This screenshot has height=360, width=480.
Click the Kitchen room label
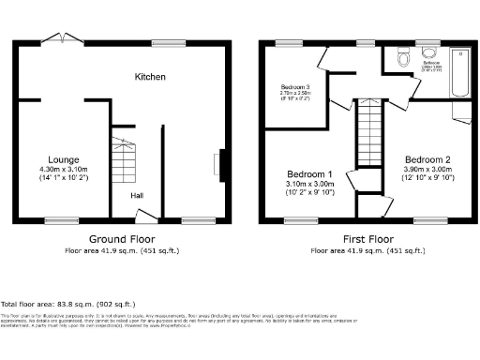(151, 76)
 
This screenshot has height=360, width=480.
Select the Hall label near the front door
(137, 194)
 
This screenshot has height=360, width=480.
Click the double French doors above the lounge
(63, 40)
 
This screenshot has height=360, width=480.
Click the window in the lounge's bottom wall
(62, 221)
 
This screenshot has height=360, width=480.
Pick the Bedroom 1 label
(308, 174)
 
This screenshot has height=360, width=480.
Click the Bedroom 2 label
(427, 158)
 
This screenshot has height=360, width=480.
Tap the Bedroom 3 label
(294, 87)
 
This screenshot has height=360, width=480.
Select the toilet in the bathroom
(403, 57)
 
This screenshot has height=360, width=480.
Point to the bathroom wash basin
(432, 52)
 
